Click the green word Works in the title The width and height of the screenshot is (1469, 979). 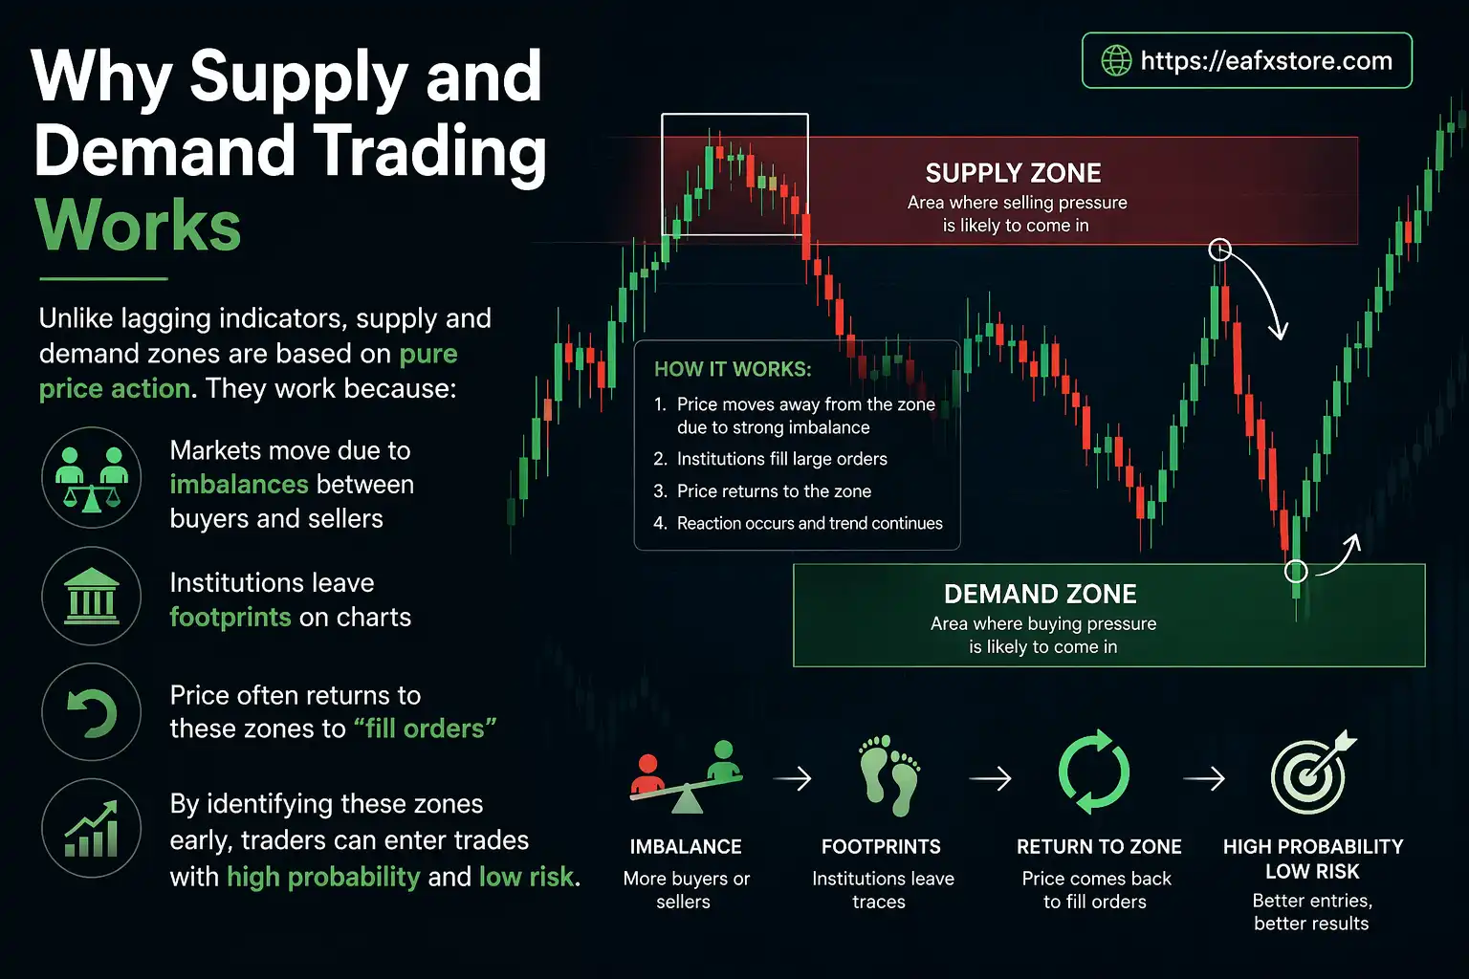click(x=138, y=226)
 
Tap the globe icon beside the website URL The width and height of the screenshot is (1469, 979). click(x=1116, y=60)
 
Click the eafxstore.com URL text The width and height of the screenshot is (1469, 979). click(x=1266, y=61)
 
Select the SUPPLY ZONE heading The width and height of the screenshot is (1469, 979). click(x=1013, y=173)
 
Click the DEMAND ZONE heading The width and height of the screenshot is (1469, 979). click(x=1040, y=594)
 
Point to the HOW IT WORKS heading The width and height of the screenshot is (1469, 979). click(x=733, y=369)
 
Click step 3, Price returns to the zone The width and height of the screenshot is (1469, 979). click(x=773, y=491)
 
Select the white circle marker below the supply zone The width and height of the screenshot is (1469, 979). click(x=1219, y=250)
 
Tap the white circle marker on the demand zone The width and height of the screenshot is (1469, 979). click(x=1295, y=571)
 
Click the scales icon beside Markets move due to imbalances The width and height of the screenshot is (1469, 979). click(x=91, y=478)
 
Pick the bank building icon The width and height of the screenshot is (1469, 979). click(x=91, y=596)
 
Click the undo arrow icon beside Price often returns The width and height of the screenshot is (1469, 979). click(x=91, y=712)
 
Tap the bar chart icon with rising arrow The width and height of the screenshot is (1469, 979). click(x=91, y=828)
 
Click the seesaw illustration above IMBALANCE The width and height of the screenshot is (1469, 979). click(x=686, y=775)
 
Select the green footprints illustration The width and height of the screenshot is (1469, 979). click(x=889, y=775)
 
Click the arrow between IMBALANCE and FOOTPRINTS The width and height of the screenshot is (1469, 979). click(x=792, y=779)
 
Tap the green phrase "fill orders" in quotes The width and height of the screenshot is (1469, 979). click(x=425, y=729)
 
